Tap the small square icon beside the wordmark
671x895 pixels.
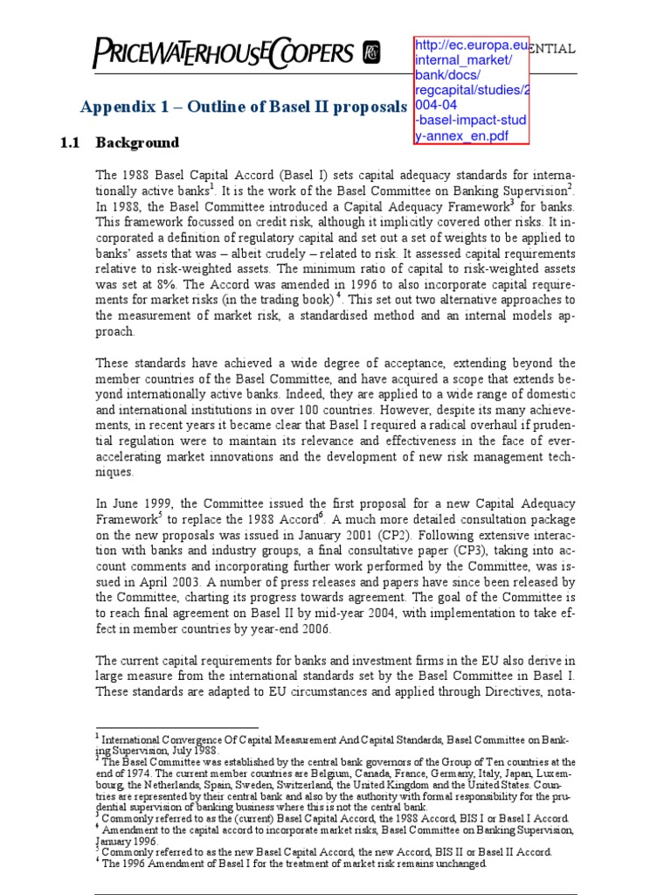(372, 52)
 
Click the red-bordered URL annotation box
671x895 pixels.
(472, 91)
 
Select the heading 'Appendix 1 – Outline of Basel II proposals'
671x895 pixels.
(244, 108)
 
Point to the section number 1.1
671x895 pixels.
(71, 142)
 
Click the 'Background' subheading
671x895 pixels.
(137, 142)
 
